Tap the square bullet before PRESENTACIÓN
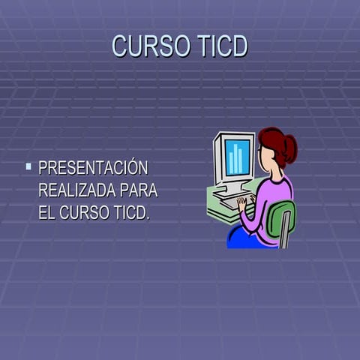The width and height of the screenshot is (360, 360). tap(28, 166)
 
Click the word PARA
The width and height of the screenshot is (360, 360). tap(139, 190)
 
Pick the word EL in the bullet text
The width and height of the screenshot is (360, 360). tap(46, 212)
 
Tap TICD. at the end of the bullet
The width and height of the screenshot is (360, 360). tap(131, 212)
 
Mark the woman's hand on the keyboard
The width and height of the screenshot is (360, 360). tap(242, 201)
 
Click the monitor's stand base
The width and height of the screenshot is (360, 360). tap(229, 190)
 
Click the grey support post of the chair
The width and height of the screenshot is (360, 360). tap(284, 238)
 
